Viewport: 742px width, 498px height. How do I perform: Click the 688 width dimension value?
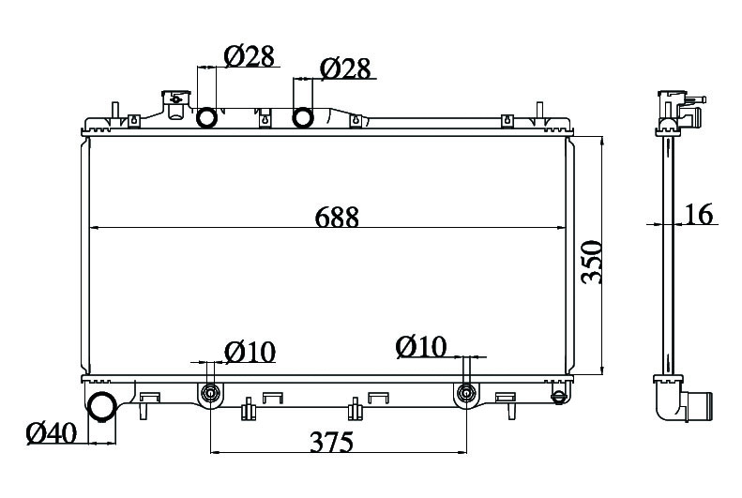pyautogui.click(x=337, y=218)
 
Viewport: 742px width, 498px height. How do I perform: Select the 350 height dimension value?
pyautogui.click(x=592, y=263)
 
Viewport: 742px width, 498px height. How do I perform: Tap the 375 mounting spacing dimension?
pyautogui.click(x=332, y=443)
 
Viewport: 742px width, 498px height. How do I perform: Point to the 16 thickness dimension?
pyautogui.click(x=699, y=214)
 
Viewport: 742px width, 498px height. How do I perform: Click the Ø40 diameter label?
pyautogui.click(x=51, y=433)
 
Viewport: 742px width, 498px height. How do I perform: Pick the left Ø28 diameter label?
pyautogui.click(x=249, y=56)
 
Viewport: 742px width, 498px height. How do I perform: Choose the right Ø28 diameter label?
pyautogui.click(x=345, y=69)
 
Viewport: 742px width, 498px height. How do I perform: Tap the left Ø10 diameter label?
pyautogui.click(x=250, y=352)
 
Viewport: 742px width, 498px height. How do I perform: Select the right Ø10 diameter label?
pyautogui.click(x=421, y=347)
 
